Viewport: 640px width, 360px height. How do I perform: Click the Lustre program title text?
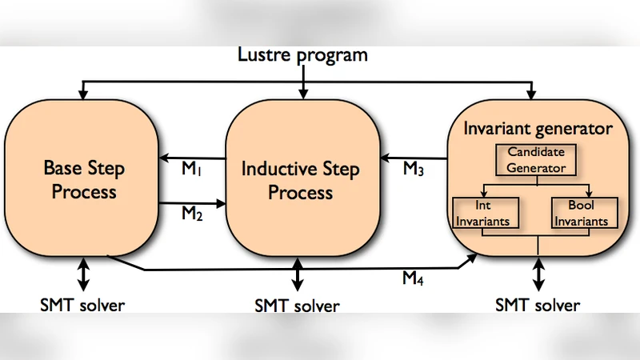click(x=302, y=55)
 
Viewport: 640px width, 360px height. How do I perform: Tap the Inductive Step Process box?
click(x=300, y=180)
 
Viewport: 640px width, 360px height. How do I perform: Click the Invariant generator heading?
click(x=538, y=128)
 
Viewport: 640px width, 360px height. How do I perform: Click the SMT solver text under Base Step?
click(x=82, y=304)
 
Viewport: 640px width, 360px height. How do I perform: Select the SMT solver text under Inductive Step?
click(x=297, y=306)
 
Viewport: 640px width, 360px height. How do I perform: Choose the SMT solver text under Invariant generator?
click(x=537, y=304)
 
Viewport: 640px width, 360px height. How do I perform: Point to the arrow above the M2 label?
click(x=192, y=203)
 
